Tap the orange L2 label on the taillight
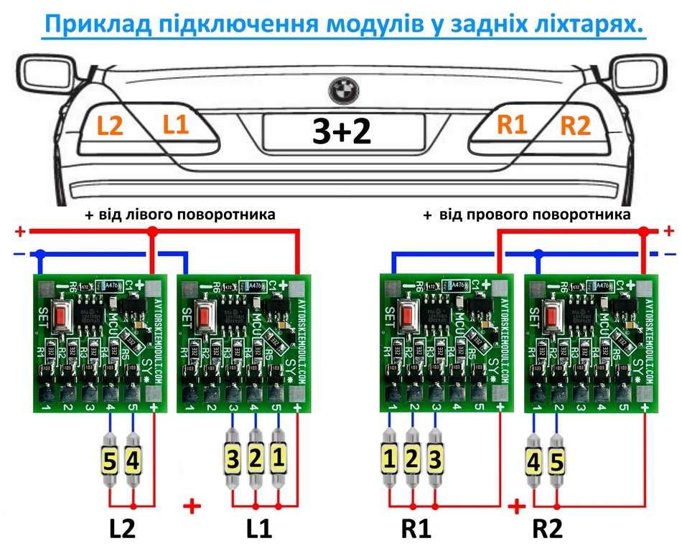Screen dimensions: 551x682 tap(111, 126)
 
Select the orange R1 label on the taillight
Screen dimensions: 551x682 tap(512, 125)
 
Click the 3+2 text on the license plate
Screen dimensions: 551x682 tap(342, 132)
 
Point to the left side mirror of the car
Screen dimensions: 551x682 tap(45, 74)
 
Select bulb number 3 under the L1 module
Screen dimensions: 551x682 tap(233, 460)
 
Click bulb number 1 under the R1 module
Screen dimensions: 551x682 tap(389, 460)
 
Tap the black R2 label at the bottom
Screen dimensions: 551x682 tap(548, 529)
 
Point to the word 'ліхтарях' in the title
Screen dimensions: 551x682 tap(571, 25)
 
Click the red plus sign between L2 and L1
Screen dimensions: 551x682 tap(192, 507)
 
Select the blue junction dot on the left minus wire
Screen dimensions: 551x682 tap(40, 254)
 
